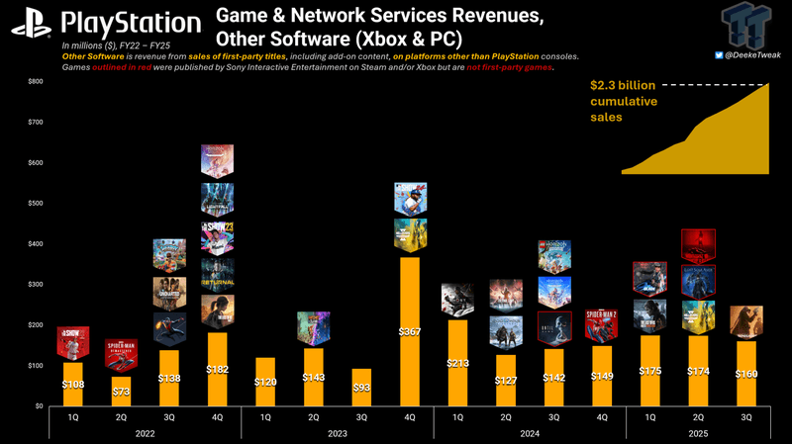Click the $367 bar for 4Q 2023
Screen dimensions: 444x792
[x=410, y=331]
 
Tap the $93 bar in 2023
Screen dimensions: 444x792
[x=361, y=387]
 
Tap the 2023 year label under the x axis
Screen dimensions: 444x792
[x=338, y=431]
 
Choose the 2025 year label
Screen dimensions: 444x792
[x=697, y=431]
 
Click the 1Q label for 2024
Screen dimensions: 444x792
[x=457, y=416]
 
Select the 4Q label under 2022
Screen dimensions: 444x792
[x=217, y=416]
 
